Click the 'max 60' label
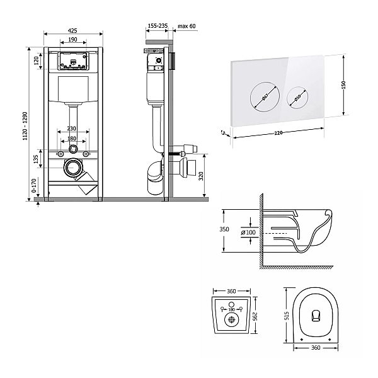pos(187,26)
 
